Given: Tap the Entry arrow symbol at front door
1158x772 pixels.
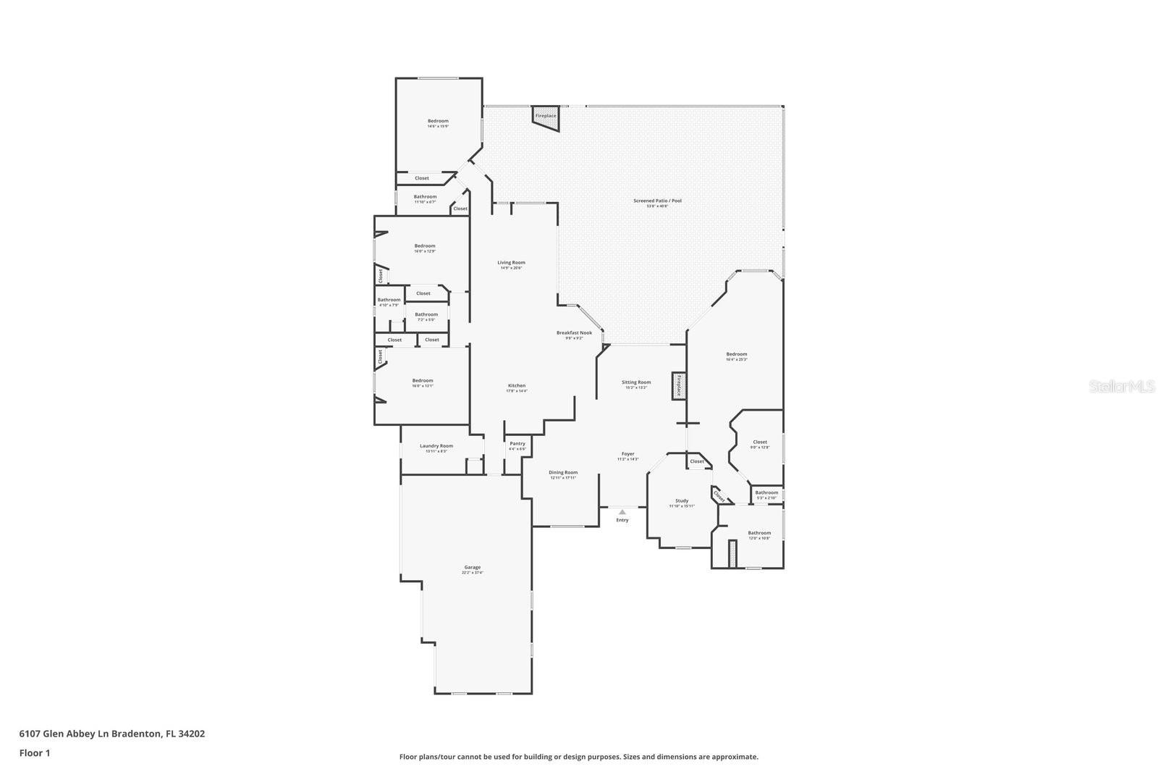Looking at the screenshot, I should point(622,512).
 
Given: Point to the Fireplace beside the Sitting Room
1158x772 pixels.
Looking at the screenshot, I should point(679,385).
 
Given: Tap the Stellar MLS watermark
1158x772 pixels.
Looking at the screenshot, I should point(1122,387).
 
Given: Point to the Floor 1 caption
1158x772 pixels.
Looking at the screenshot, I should point(35,753).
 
